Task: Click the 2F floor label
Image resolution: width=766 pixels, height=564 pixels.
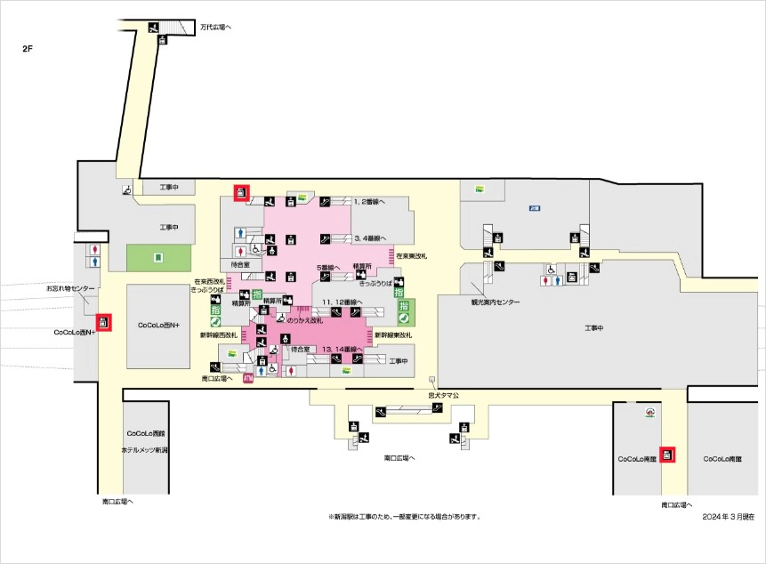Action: (x=28, y=48)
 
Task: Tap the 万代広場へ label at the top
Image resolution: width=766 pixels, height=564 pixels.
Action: (x=215, y=27)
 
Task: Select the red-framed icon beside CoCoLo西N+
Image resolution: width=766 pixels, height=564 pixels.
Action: (x=104, y=322)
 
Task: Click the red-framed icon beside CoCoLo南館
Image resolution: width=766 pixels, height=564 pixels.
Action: (x=667, y=455)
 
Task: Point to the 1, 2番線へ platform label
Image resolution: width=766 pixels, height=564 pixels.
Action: (x=370, y=202)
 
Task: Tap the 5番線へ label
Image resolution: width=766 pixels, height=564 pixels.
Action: (x=328, y=267)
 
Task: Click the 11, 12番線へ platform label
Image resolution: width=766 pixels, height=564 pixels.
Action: (x=341, y=302)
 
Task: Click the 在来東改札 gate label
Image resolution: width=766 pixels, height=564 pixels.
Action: (x=412, y=256)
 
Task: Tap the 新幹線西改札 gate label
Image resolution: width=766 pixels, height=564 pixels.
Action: (x=219, y=335)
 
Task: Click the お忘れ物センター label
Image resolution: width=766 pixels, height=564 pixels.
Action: (x=70, y=289)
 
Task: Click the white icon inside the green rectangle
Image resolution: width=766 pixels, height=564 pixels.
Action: (x=157, y=258)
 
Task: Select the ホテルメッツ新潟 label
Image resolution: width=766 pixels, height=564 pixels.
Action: (x=145, y=451)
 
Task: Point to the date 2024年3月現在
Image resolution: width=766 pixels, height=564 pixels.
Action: (x=727, y=516)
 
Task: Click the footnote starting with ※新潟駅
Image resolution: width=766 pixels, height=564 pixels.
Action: (x=404, y=516)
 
